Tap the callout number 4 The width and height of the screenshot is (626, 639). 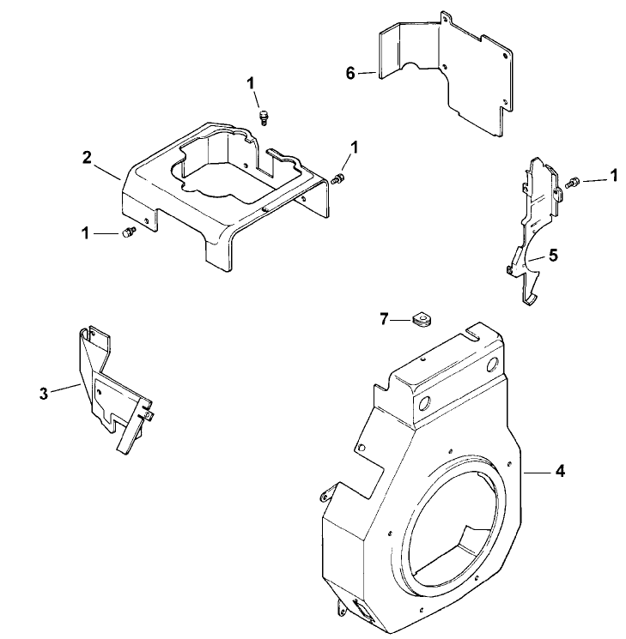559,471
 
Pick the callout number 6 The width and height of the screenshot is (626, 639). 349,74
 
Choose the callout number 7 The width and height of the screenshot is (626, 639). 386,319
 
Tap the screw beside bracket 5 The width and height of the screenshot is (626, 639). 573,180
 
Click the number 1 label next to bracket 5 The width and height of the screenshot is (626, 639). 613,176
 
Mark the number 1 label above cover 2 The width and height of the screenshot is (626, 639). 252,83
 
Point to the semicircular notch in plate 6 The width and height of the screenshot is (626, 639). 418,68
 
